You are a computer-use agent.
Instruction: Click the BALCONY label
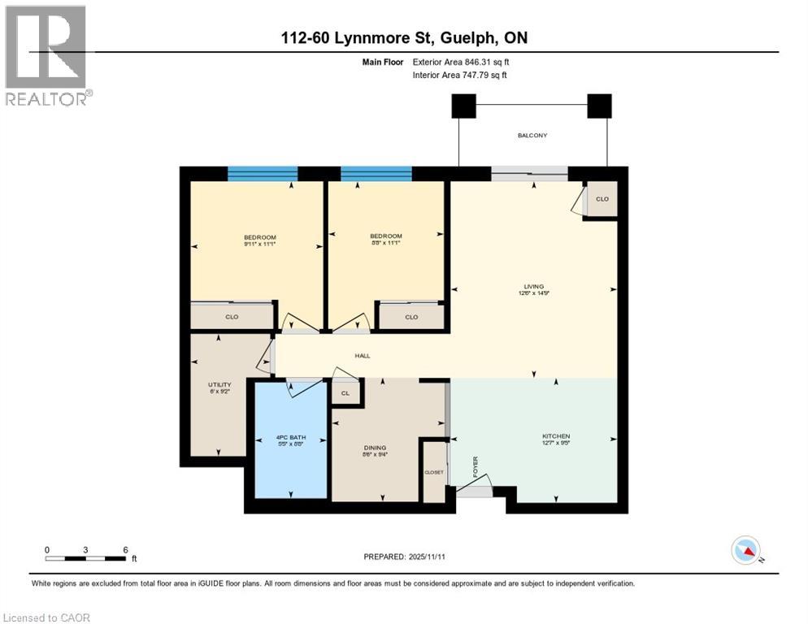[x=532, y=136]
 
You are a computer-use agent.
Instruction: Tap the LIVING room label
[x=533, y=286]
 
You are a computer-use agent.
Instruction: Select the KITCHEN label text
[x=556, y=436]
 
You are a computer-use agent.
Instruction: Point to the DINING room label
[x=375, y=448]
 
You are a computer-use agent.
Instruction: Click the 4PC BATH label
[x=290, y=440]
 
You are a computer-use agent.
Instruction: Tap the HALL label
[x=363, y=356]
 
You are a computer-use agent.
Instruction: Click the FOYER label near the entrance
[x=476, y=466]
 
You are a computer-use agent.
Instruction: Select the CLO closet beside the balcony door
[x=602, y=199]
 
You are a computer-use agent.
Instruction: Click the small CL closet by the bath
[x=345, y=393]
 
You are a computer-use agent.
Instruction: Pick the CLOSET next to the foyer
[x=434, y=472]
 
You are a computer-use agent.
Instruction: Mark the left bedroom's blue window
[x=262, y=173]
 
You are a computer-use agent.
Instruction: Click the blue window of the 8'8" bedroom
[x=376, y=173]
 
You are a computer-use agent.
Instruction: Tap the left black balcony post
[x=463, y=106]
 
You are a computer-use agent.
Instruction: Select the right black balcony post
[x=599, y=106]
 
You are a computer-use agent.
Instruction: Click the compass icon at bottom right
[x=745, y=551]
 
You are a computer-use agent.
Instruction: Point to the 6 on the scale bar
[x=124, y=549]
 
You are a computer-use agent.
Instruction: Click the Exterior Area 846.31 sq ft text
[x=462, y=62]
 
